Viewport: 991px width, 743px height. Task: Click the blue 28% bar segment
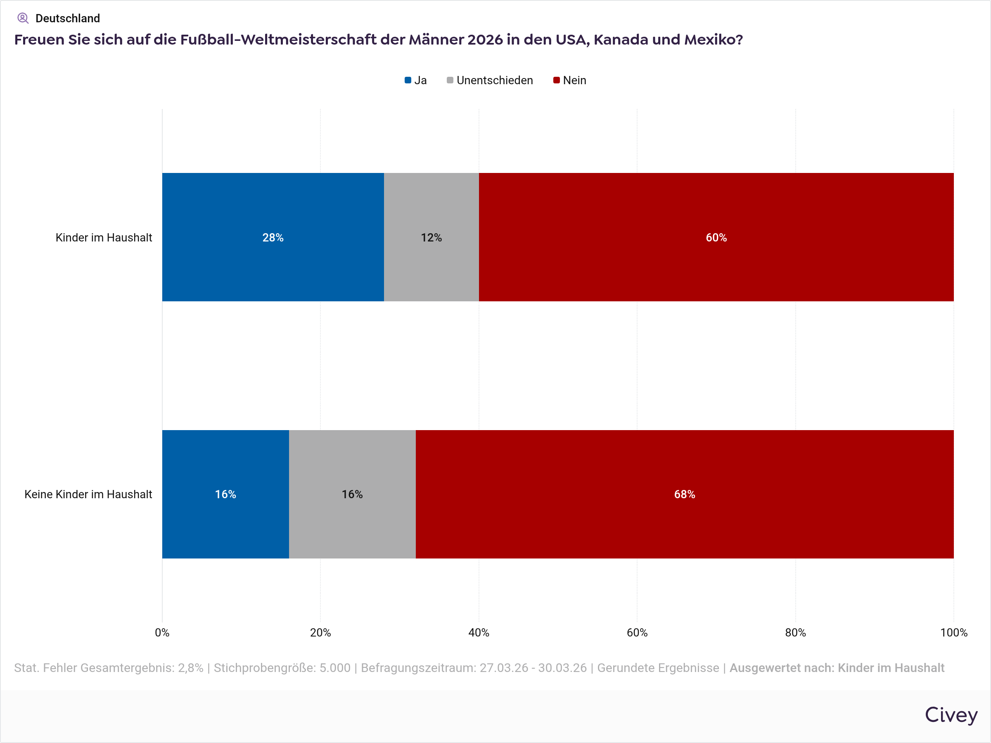[x=273, y=237]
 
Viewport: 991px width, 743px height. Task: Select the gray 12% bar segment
[x=431, y=237]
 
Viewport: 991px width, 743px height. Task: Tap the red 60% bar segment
[x=716, y=237]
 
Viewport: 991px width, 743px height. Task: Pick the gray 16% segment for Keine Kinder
[x=352, y=494]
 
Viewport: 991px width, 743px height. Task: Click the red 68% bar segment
[x=685, y=494]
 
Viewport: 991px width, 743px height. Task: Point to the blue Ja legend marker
[x=408, y=80]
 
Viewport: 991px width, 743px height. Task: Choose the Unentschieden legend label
[x=495, y=80]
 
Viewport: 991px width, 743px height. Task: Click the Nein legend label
[x=574, y=80]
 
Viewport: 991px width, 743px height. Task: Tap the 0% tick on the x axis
[x=162, y=632]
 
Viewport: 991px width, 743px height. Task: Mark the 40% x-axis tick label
[x=479, y=632]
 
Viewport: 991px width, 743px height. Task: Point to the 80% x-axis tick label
[x=795, y=632]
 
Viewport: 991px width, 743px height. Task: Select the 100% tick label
[x=953, y=632]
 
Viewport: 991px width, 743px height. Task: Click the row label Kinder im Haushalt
[x=104, y=237]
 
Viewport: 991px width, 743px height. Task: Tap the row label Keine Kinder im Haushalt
[x=88, y=494]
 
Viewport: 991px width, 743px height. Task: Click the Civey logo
[x=951, y=715]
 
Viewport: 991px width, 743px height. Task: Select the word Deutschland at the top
[x=68, y=18]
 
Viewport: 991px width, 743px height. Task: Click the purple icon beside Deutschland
[x=23, y=18]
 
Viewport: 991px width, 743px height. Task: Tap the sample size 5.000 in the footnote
[x=334, y=668]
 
